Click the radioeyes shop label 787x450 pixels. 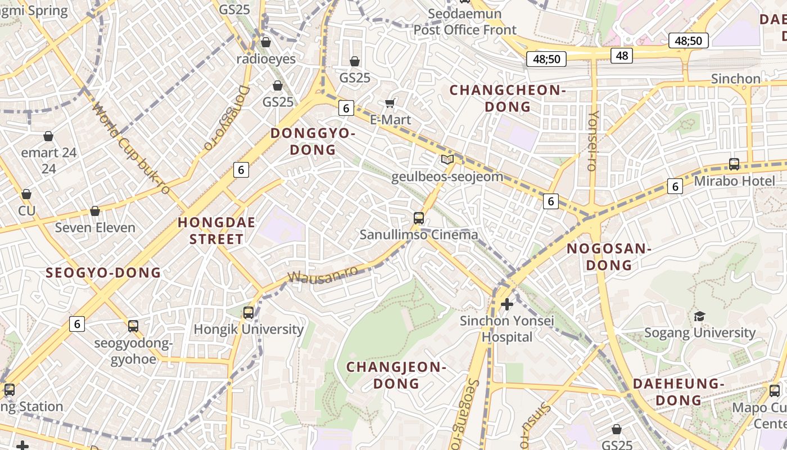pos(266,59)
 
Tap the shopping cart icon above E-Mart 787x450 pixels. pos(390,103)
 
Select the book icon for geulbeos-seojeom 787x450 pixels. pos(447,160)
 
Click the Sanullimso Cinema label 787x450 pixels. pos(419,235)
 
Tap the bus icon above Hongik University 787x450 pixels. pos(248,312)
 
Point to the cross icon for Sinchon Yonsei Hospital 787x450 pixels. pos(506,304)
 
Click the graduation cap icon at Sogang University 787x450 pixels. pos(699,316)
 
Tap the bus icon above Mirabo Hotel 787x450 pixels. pos(734,164)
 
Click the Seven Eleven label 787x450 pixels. pos(95,228)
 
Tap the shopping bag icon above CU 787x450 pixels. pos(26,195)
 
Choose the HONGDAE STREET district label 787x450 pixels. pos(216,231)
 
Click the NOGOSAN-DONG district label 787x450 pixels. pos(608,256)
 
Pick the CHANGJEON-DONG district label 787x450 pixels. pos(396,375)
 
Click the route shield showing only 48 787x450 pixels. pos(622,55)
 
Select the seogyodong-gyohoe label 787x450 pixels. pos(133,350)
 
